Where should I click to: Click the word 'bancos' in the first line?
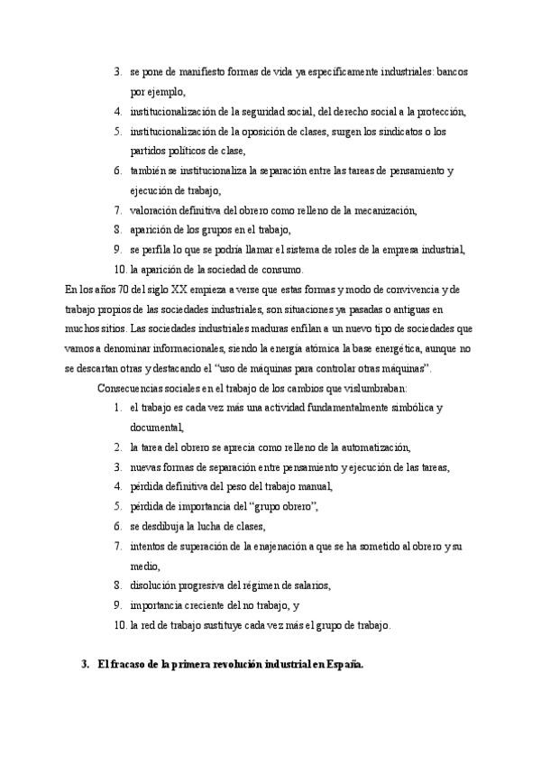point(449,70)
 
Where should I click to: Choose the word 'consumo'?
point(281,270)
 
